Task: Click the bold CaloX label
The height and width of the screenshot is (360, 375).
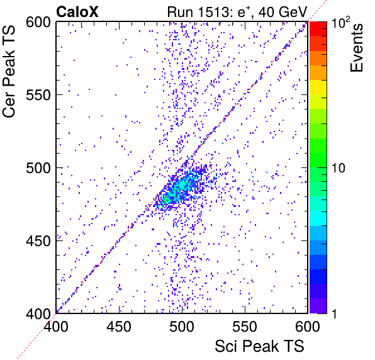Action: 77,12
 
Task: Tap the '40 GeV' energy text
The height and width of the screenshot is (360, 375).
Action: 283,12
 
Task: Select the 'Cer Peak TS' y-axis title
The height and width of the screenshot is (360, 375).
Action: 9,71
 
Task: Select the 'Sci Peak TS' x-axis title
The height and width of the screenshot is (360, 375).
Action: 259,346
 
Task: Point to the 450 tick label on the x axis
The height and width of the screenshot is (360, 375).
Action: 119,327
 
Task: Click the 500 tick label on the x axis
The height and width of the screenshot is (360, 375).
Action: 182,327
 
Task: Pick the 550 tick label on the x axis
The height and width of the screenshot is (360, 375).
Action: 245,327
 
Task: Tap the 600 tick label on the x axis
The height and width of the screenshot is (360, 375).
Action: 308,327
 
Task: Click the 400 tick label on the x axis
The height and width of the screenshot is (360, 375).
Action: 56,327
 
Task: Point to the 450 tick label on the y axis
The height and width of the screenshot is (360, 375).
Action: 38,241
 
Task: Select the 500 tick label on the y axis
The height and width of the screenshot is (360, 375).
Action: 38,168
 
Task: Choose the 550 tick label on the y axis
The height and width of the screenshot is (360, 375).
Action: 38,95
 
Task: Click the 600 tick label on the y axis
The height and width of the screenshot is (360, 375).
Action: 38,23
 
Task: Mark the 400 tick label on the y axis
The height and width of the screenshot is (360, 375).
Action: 38,314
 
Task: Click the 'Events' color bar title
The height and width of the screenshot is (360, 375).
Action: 357,48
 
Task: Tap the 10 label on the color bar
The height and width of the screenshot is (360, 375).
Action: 338,168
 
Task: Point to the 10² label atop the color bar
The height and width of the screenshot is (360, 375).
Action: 340,22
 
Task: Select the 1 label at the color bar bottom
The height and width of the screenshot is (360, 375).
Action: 334,314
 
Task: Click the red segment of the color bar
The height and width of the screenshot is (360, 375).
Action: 318,29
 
